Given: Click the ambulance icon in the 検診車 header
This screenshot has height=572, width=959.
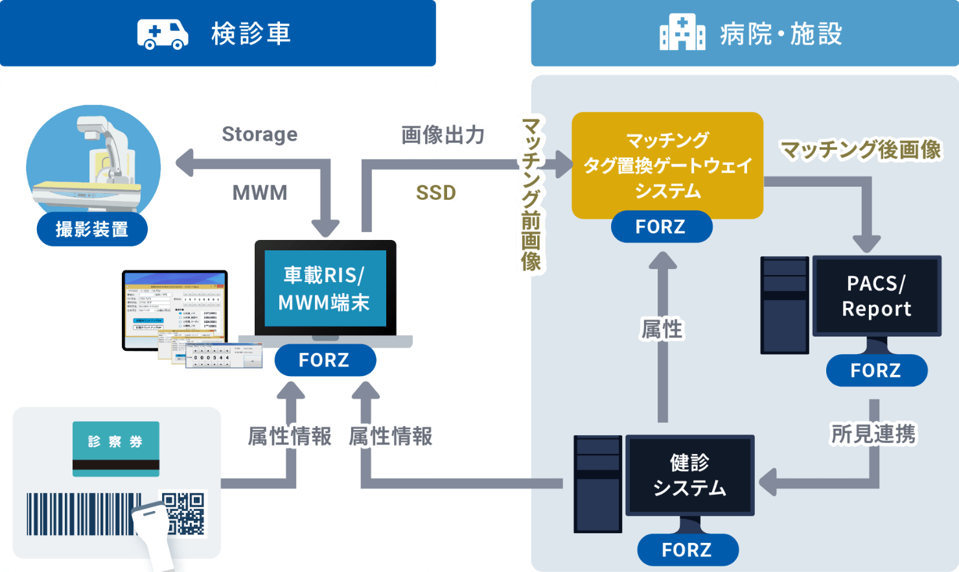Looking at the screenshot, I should [163, 34].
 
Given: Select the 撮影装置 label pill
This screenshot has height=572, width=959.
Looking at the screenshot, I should [92, 230].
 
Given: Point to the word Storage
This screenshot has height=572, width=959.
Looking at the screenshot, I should [259, 134].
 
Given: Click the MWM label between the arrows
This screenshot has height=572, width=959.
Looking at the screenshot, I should [259, 193].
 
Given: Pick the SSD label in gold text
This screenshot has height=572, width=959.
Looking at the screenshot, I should [436, 193].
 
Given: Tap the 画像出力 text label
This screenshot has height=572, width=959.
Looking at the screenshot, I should [443, 135].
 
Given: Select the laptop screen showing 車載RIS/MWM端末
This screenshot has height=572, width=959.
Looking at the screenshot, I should [325, 288].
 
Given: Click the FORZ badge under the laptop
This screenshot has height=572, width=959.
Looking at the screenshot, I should [325, 360].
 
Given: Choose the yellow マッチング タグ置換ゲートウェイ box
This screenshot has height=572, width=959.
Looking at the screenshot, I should [667, 165].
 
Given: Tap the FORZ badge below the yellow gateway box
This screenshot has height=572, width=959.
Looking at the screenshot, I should [661, 227].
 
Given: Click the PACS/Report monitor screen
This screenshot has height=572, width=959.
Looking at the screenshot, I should [876, 296].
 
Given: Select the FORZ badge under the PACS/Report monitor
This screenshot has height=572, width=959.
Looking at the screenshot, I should [876, 370].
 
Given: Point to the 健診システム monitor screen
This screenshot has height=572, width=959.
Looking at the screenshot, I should [689, 475].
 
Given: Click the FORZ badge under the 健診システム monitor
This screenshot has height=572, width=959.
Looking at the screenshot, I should [687, 550].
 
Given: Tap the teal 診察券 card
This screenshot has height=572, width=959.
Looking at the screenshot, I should [116, 448].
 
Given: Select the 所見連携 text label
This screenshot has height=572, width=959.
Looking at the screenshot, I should [873, 434].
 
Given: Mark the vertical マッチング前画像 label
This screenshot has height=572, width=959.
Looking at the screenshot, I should [531, 195].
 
